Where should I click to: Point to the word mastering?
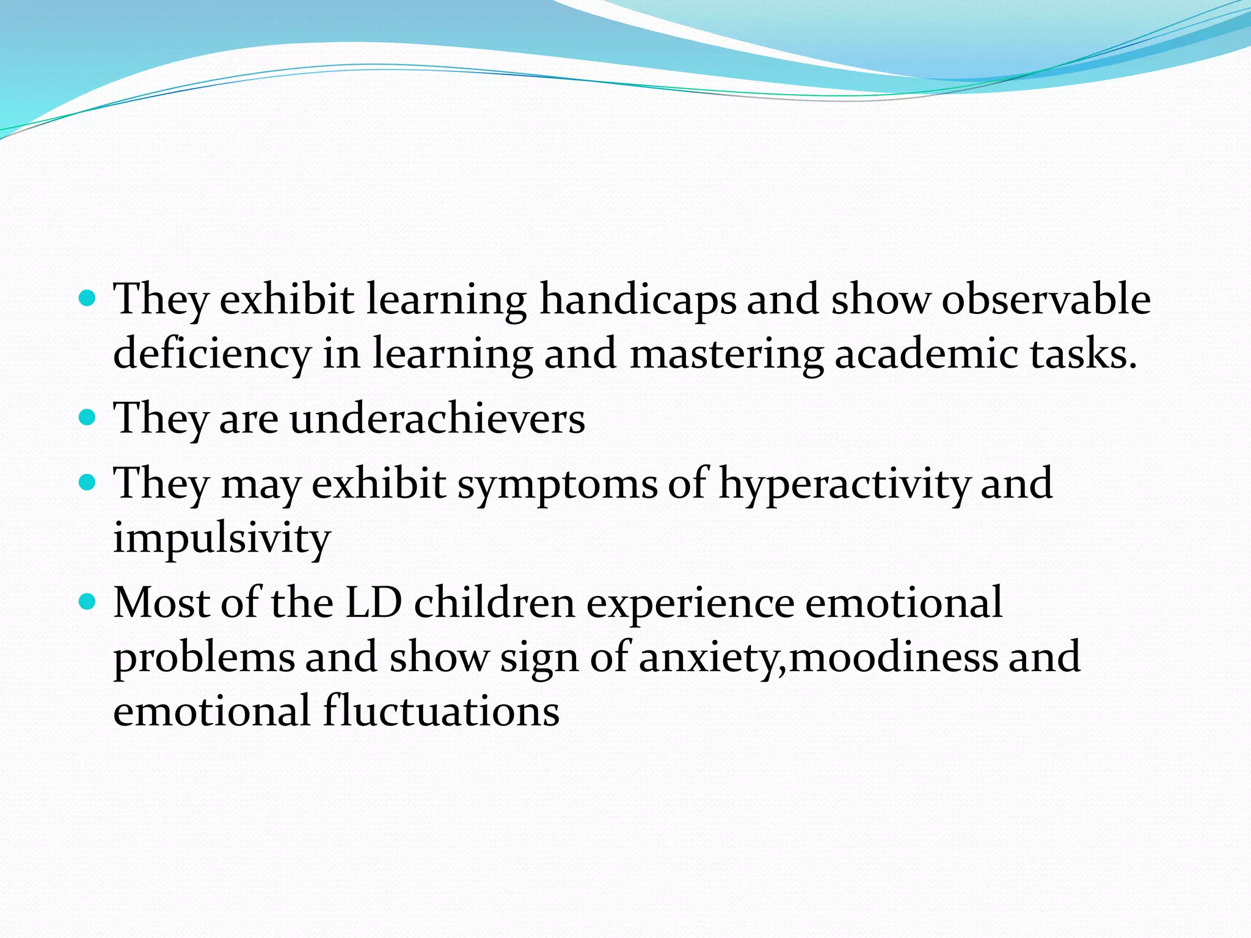pos(726,354)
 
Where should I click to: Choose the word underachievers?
pos(437,419)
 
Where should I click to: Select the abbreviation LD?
pos(374,603)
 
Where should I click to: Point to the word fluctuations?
pos(441,711)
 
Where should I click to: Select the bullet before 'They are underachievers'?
pos(88,418)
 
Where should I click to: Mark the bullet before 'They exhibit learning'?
pos(88,299)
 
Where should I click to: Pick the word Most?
pos(161,603)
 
